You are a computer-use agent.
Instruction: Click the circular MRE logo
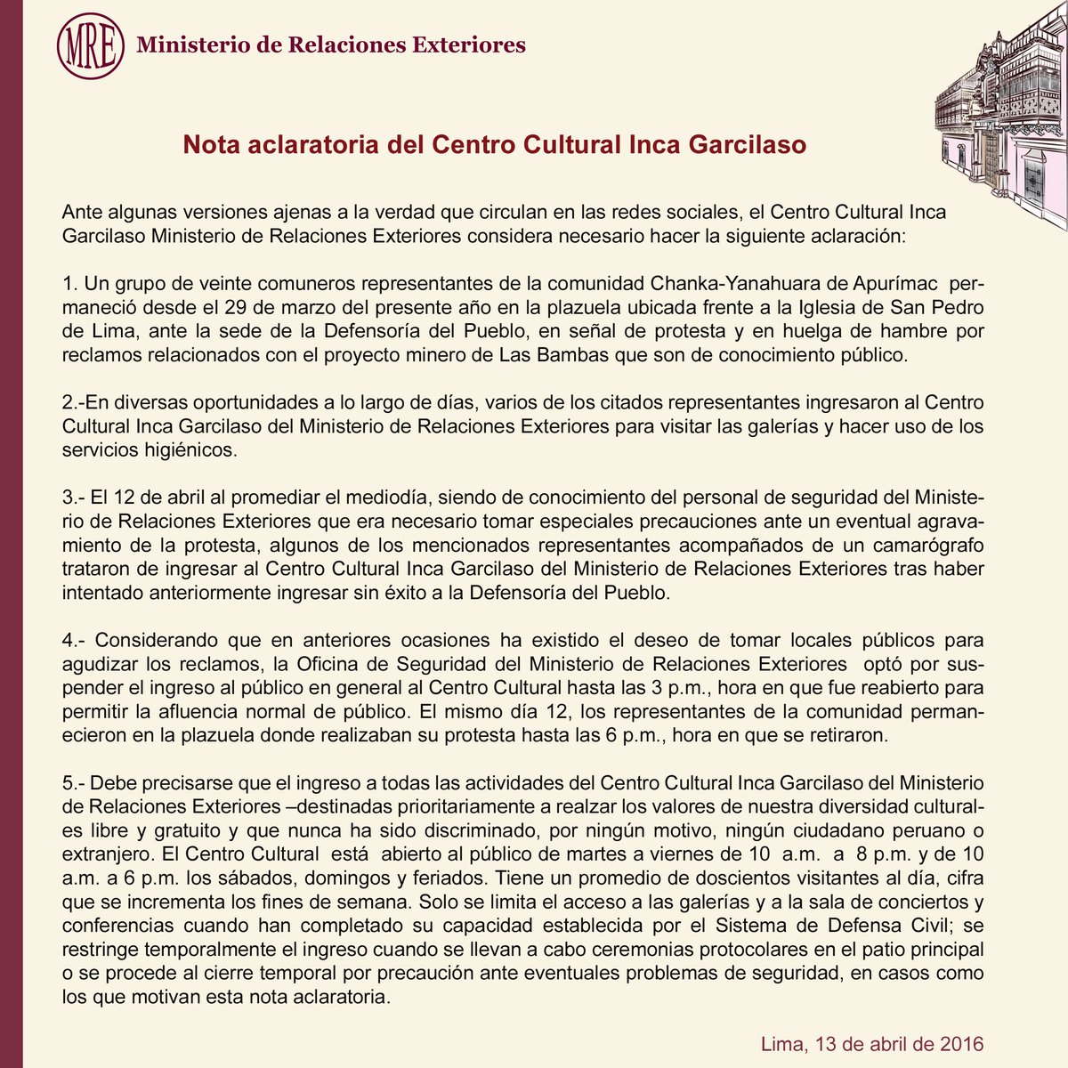[90, 45]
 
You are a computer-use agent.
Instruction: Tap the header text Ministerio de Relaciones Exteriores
[330, 44]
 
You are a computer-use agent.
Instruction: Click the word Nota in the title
[207, 144]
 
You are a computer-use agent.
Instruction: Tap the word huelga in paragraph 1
[803, 332]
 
